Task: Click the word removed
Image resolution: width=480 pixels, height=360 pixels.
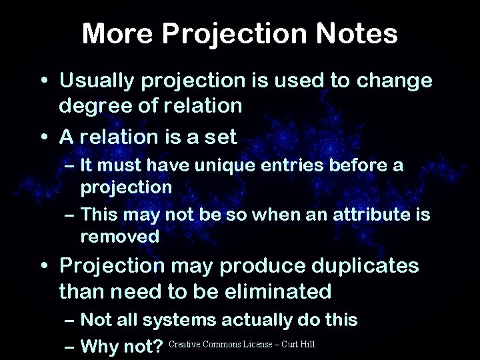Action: pyautogui.click(x=120, y=235)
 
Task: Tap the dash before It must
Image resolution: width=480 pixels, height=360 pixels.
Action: pyautogui.click(x=69, y=165)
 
